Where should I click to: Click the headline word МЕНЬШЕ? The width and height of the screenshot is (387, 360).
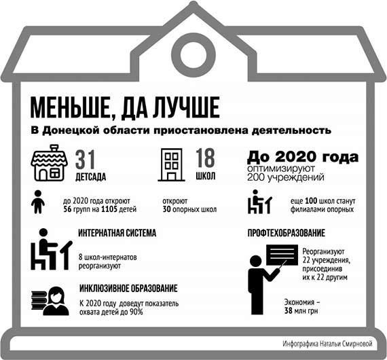(71, 109)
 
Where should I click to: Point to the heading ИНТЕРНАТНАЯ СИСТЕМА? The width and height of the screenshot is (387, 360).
(117, 233)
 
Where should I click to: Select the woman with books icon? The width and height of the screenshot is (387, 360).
(48, 300)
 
